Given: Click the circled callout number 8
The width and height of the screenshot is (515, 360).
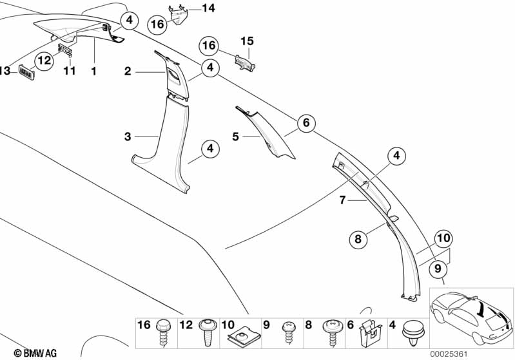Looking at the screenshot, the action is point(358,238).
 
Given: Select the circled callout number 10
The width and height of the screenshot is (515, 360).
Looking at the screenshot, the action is point(443,238).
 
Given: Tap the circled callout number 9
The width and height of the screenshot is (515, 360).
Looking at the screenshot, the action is point(438,269).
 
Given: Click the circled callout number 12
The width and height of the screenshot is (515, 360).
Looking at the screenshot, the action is point(44,61).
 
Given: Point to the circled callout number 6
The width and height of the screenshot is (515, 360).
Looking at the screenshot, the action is point(306,123).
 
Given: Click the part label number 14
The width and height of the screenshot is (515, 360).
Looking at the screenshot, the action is point(208,8).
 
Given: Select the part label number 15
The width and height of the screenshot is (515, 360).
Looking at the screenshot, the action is point(247,41).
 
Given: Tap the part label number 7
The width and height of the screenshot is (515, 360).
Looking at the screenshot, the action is point(342,200).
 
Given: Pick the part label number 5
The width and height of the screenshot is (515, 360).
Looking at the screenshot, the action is point(235,136).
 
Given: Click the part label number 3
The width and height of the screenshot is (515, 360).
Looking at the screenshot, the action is point(128,137).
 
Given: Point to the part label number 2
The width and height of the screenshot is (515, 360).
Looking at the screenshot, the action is point(128,71).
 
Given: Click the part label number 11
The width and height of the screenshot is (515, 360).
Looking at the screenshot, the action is point(70,71).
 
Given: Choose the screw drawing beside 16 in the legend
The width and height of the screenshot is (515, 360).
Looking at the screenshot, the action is point(163,333).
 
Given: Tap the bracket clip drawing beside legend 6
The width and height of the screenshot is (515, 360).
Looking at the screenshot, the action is point(371,333).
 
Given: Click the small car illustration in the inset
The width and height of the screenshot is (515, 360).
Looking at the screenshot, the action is point(471,317).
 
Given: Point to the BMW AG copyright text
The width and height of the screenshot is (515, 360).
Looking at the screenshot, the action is point(35,353).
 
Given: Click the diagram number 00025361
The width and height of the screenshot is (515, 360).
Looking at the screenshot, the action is point(449,354).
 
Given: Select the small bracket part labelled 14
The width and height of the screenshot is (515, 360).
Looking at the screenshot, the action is point(179,15).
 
